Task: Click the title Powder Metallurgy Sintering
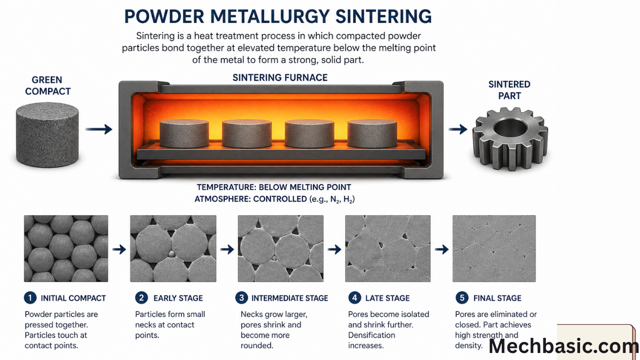(x=278, y=16)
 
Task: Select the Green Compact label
(x=47, y=86)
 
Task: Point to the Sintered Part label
(x=509, y=90)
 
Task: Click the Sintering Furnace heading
(x=280, y=77)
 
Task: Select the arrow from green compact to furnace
(x=99, y=129)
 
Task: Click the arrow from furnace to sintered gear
(x=458, y=129)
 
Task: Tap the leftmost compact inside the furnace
(x=184, y=134)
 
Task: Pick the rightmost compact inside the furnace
(x=372, y=134)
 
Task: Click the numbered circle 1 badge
(x=30, y=298)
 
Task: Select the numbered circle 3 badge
(x=241, y=298)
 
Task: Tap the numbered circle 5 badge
(x=461, y=298)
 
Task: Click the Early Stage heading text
(x=178, y=298)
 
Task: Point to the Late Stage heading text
(x=387, y=298)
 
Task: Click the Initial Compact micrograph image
(x=66, y=248)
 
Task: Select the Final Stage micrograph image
(x=494, y=248)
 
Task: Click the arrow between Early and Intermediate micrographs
(x=227, y=249)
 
